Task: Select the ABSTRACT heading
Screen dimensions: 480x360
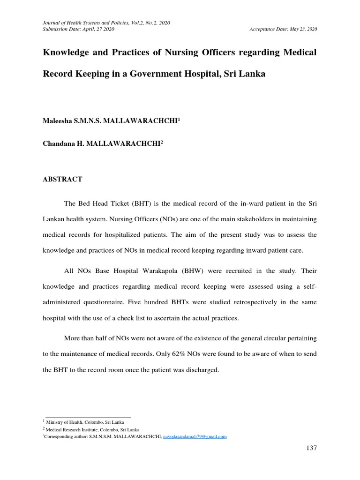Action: coord(62,179)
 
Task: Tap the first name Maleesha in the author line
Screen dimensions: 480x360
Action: coord(59,121)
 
